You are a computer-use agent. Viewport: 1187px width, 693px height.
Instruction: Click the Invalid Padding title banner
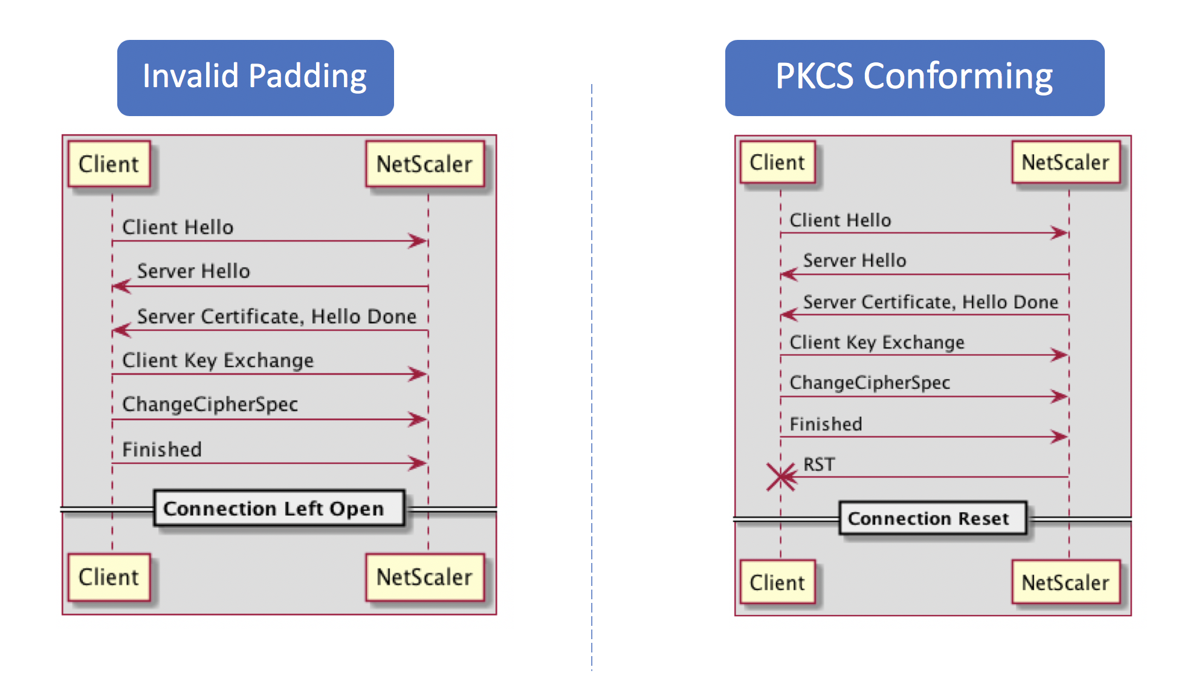[255, 78]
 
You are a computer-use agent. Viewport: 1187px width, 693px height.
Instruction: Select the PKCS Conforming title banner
[914, 78]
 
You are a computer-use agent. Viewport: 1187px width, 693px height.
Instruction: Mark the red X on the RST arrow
[781, 477]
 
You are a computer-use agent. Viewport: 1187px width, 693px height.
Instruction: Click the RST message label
[818, 464]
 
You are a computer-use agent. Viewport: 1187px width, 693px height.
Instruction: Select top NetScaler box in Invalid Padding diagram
[424, 164]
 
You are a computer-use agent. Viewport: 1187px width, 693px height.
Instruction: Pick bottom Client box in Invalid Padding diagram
[109, 577]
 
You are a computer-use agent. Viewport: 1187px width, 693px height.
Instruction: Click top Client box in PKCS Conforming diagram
[777, 162]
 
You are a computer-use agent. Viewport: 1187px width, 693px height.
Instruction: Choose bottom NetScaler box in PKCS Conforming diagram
[1065, 582]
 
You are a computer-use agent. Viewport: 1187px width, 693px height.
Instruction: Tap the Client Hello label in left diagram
[178, 227]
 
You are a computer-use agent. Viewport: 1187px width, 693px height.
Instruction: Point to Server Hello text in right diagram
[855, 261]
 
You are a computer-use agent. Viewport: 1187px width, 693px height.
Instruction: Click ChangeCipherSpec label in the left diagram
[210, 404]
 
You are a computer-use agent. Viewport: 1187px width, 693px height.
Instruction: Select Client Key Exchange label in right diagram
[877, 342]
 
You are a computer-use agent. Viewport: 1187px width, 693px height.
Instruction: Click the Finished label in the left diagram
[162, 449]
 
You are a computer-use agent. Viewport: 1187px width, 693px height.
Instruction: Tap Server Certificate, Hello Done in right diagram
[930, 302]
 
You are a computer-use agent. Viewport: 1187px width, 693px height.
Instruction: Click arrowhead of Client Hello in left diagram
[419, 241]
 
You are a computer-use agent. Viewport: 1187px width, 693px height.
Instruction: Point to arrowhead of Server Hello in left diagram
[121, 286]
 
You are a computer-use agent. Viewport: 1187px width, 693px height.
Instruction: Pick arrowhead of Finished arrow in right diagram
[1059, 436]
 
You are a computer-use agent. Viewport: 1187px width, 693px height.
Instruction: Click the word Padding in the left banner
[307, 77]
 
